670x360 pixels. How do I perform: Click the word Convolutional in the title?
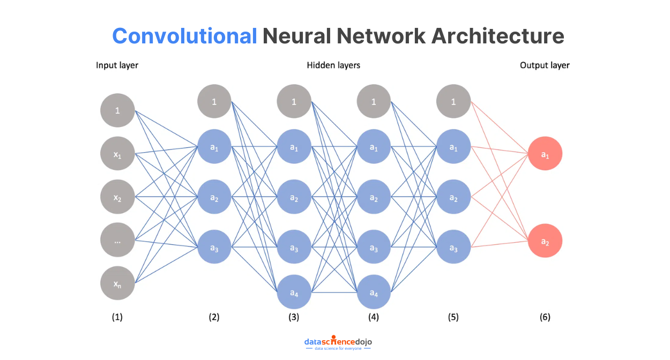(184, 36)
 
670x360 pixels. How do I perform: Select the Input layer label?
(117, 65)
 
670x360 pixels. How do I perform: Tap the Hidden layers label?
(333, 65)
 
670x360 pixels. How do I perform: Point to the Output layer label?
(545, 65)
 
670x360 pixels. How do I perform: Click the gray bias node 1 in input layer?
(117, 110)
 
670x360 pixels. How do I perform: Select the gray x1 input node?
(117, 154)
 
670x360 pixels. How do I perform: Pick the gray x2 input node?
(117, 197)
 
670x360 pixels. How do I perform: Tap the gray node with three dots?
(117, 241)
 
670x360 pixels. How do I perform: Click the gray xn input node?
(117, 283)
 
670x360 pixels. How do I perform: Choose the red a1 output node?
(545, 155)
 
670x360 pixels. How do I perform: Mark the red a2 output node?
(545, 241)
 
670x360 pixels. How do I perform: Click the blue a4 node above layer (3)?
(294, 292)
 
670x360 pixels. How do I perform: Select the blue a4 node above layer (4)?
(374, 292)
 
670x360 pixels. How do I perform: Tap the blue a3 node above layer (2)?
(214, 247)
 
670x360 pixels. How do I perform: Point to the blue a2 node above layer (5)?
(453, 197)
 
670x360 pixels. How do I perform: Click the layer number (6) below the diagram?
(545, 317)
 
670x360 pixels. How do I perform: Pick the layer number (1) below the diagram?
(117, 317)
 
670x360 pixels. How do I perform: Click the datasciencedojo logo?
(338, 343)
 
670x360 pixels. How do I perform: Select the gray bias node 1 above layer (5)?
(453, 102)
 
